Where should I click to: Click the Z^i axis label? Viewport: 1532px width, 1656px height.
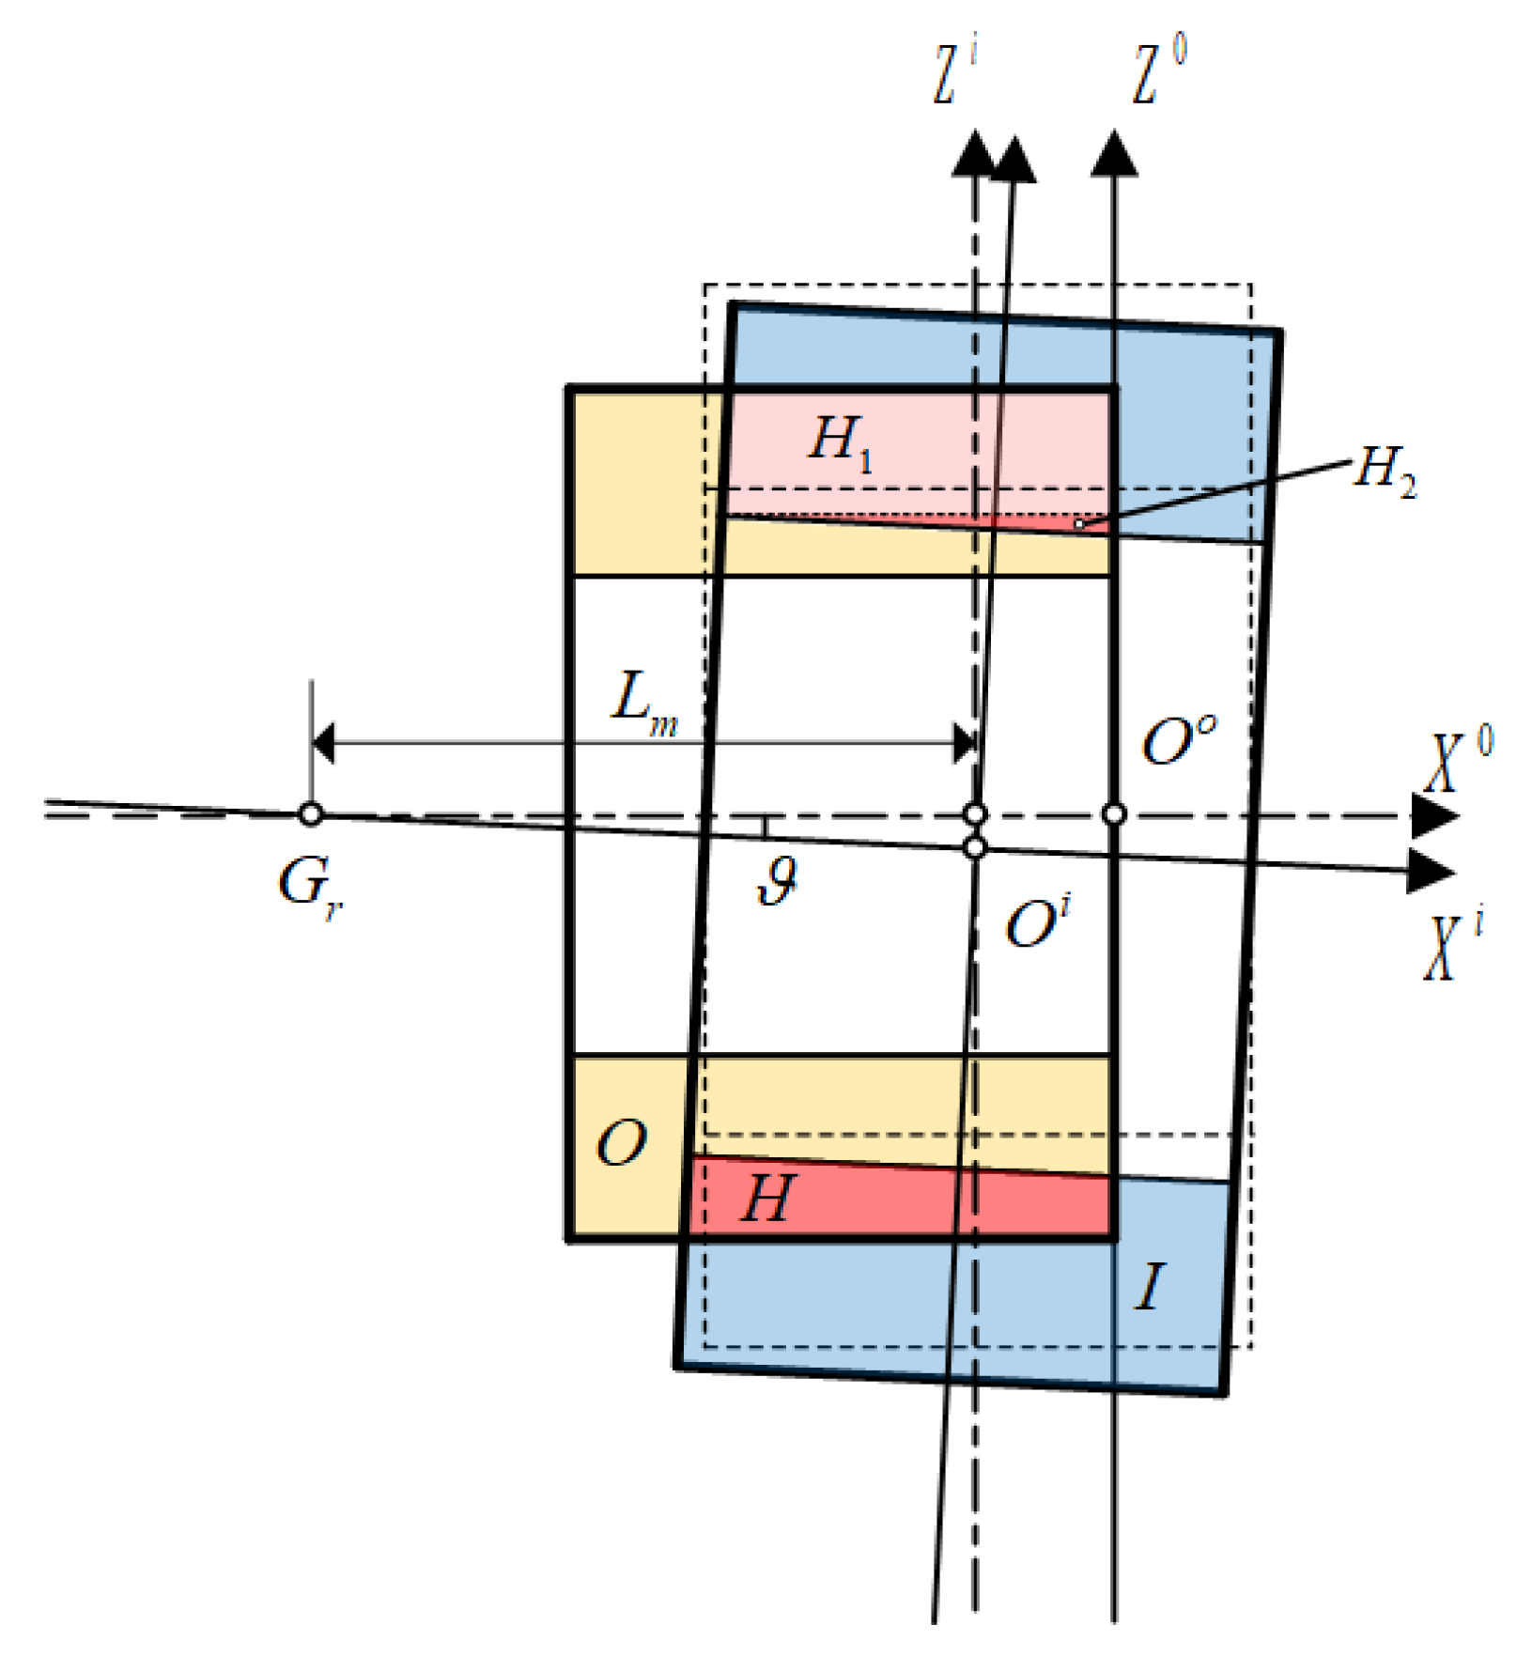953,73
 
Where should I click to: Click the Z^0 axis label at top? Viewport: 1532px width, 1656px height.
1157,71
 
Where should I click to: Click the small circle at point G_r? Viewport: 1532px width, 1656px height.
311,814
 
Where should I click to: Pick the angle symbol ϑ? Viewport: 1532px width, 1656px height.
779,882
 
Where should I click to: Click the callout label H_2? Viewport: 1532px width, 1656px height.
1384,469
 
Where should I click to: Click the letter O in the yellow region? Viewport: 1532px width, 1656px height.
622,1144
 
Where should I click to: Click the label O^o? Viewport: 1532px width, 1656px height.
1178,741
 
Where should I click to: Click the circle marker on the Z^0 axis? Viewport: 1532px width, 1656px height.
1114,814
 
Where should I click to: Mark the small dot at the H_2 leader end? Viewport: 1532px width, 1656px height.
1079,524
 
